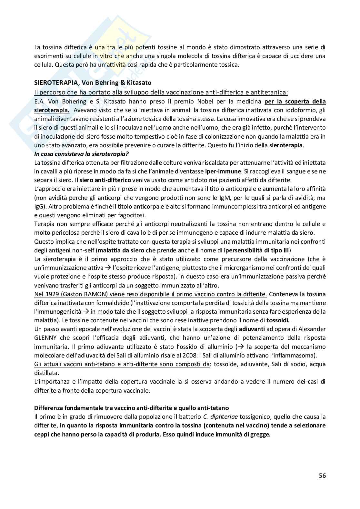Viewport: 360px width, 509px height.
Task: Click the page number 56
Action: point(322,476)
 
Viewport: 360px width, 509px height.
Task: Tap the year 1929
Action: point(51,294)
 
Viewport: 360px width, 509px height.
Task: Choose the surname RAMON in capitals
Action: point(98,294)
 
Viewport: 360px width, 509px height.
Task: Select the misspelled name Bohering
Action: point(74,102)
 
